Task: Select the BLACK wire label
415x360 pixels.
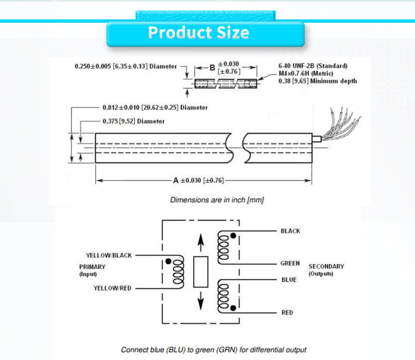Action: [x=290, y=231]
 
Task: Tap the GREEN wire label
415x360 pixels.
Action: [x=290, y=264]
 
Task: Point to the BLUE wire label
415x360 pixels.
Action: [x=289, y=280]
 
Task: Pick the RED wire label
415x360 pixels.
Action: [x=287, y=313]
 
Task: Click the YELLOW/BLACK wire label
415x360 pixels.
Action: [x=109, y=255]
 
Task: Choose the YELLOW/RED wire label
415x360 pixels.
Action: [x=112, y=288]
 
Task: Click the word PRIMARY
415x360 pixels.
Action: [x=92, y=266]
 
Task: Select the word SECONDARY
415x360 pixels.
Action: [x=326, y=266]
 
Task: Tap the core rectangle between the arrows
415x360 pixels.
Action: [x=200, y=272]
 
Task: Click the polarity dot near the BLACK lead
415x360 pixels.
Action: [x=234, y=236]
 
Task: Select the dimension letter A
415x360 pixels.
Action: [x=176, y=181]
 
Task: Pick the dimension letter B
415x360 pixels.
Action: [x=212, y=67]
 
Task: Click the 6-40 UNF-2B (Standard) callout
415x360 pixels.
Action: [x=313, y=66]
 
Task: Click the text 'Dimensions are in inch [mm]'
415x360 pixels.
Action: [x=216, y=200]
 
